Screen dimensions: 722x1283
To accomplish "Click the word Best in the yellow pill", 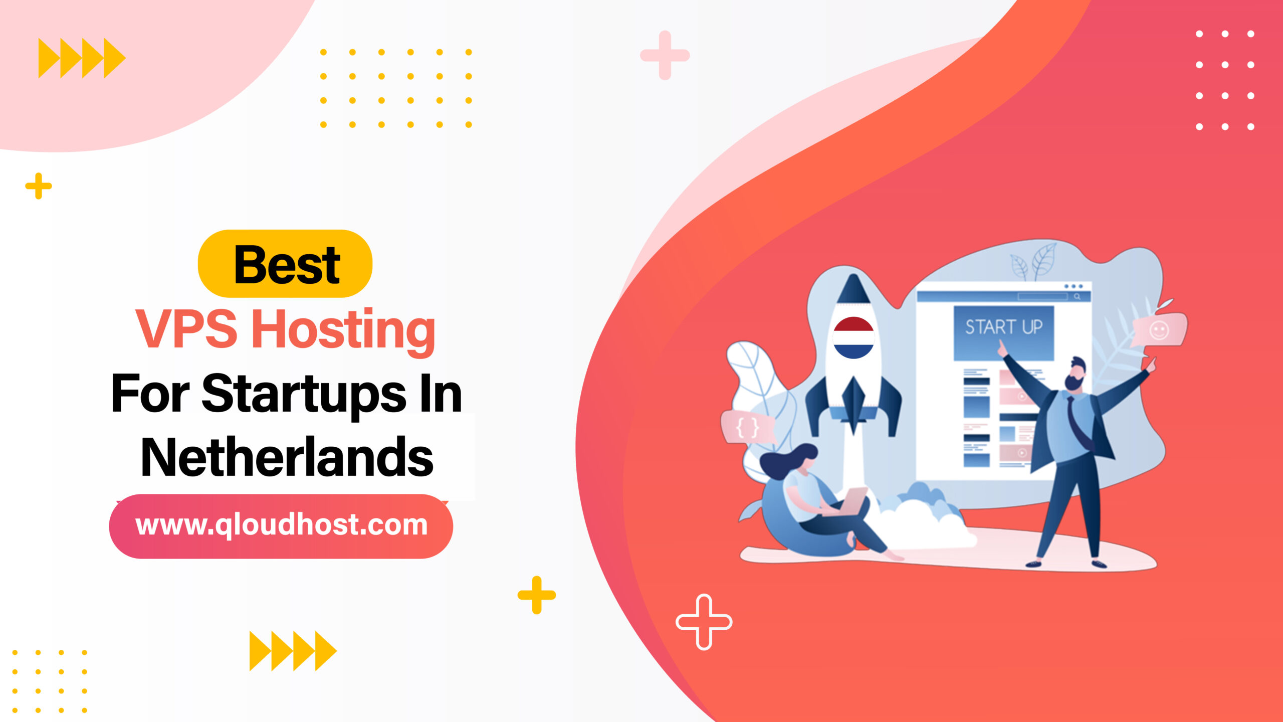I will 287,264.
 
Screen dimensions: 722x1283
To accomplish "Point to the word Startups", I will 303,395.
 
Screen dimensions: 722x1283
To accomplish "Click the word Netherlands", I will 287,457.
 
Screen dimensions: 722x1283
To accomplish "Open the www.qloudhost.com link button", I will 281,526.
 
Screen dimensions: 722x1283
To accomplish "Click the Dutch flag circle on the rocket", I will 853,337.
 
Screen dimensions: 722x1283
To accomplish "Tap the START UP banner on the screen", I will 1003,327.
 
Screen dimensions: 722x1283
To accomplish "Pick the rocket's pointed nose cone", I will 853,289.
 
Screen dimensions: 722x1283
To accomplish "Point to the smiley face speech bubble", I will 1159,330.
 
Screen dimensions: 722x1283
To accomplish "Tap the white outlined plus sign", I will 704,622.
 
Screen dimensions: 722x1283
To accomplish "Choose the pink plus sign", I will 665,55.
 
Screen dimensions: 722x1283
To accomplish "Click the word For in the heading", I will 150,395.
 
